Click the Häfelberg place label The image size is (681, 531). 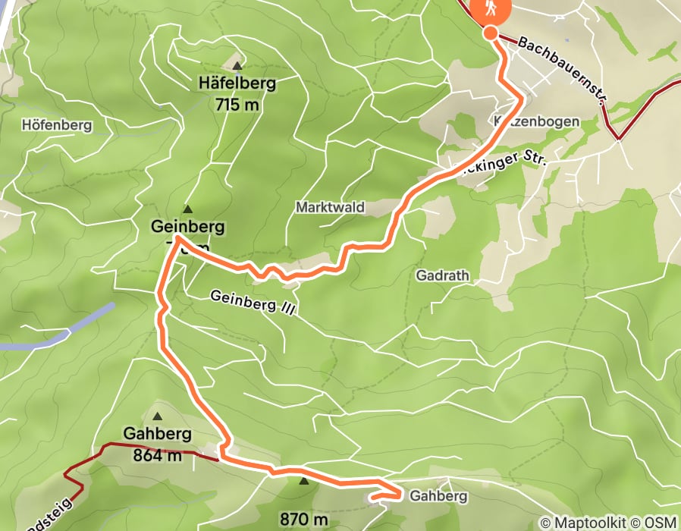[x=236, y=83]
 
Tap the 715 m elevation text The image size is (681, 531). [x=237, y=105]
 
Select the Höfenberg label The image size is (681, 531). [x=57, y=125]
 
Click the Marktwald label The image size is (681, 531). [x=330, y=207]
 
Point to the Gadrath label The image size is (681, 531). [x=438, y=276]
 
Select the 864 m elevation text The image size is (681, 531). [x=158, y=455]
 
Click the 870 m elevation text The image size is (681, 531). [x=304, y=520]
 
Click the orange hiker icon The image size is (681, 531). [x=491, y=10]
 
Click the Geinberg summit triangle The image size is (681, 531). [x=187, y=209]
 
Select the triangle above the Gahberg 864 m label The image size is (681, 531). [x=158, y=416]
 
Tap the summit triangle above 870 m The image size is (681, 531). [x=304, y=480]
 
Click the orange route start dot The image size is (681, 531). [x=491, y=33]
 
